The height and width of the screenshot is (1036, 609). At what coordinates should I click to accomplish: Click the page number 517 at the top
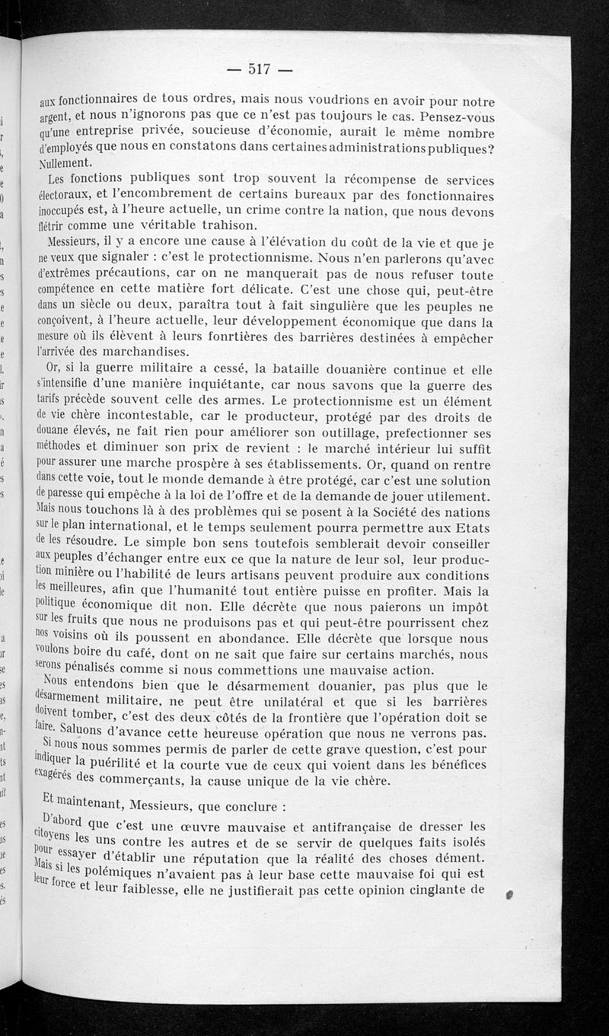pos(260,69)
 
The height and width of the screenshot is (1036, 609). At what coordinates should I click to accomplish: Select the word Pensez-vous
pos(454,119)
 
